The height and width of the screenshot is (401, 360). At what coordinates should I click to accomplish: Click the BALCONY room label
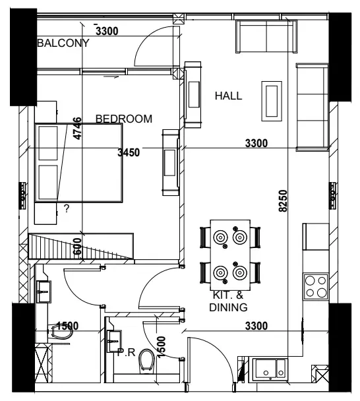pos(63,43)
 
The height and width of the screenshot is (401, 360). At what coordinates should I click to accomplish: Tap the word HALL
pos(228,96)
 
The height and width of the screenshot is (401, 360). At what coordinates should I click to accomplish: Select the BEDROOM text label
pos(124,119)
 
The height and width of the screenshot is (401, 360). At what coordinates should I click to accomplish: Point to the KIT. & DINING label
pos(228,301)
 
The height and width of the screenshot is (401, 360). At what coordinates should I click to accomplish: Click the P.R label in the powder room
pos(127,352)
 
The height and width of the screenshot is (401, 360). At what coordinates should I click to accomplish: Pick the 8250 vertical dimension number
pos(283,200)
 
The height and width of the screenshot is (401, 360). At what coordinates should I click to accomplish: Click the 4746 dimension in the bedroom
pos(77,129)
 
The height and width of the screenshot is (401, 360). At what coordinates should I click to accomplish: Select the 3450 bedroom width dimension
pos(129,152)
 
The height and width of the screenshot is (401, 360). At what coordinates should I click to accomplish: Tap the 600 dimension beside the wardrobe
pos(77,247)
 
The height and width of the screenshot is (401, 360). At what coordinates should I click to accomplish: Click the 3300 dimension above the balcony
pos(107,31)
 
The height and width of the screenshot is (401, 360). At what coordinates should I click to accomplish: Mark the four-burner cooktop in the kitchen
pos(316,286)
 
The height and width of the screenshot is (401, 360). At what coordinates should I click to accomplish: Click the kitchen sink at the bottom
pos(270,369)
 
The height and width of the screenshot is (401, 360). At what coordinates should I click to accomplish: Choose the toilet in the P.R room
pos(147,361)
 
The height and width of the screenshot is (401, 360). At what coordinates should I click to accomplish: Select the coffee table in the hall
pos(272,101)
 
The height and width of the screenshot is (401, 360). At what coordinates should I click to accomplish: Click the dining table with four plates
pos(230,255)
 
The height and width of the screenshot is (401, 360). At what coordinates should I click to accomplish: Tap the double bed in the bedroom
pos(78,163)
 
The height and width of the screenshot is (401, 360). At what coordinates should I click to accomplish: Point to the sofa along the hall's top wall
pos(266,36)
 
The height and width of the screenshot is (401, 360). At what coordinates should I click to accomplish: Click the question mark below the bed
pos(67,209)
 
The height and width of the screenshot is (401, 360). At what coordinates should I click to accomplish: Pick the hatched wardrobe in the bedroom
pos(81,246)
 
